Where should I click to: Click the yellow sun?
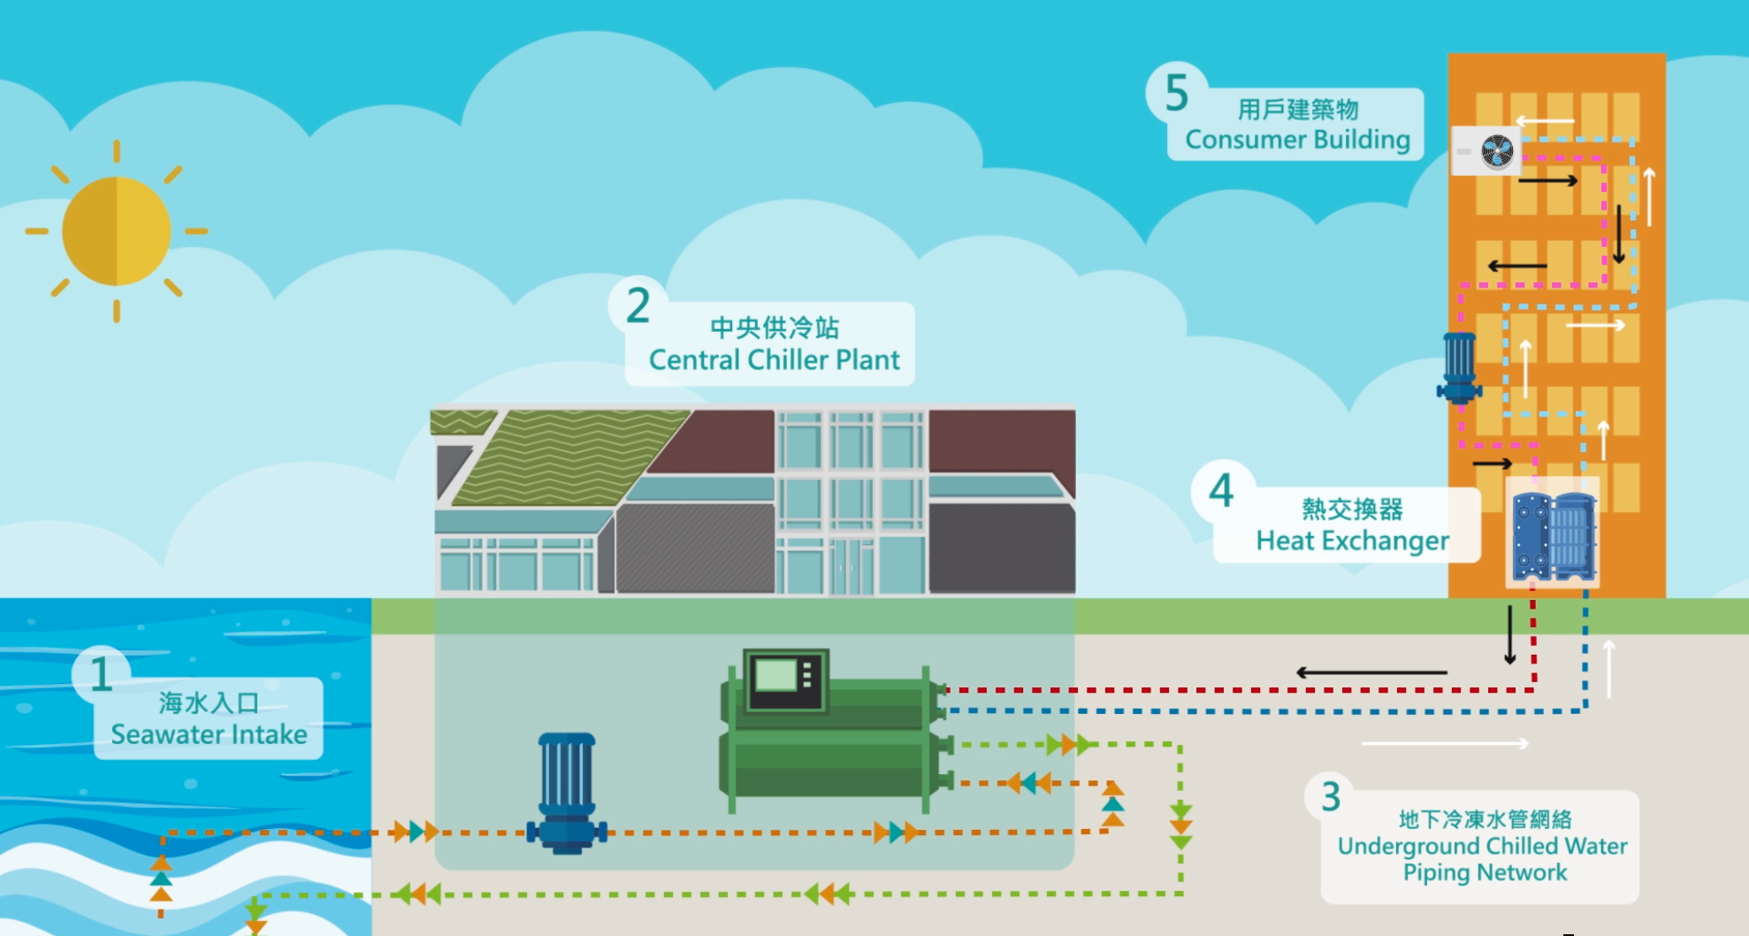coord(116,231)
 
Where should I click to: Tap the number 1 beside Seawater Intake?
coord(101,675)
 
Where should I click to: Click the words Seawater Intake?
coord(209,734)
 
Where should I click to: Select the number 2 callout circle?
coord(638,306)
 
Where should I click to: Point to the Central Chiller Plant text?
coord(774,360)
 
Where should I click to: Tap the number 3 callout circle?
coord(1331,797)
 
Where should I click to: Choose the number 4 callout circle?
coord(1221,490)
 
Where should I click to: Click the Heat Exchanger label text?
coord(1352,541)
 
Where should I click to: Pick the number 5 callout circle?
coord(1176,93)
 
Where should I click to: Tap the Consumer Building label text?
coord(1297,140)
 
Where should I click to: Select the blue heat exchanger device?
coord(1554,537)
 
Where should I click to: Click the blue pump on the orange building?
coord(1459,367)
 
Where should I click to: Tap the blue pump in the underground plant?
coord(567,793)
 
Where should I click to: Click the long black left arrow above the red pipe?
coord(1371,673)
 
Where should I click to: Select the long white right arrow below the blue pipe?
coord(1445,744)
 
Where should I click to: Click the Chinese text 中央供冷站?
coord(774,328)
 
